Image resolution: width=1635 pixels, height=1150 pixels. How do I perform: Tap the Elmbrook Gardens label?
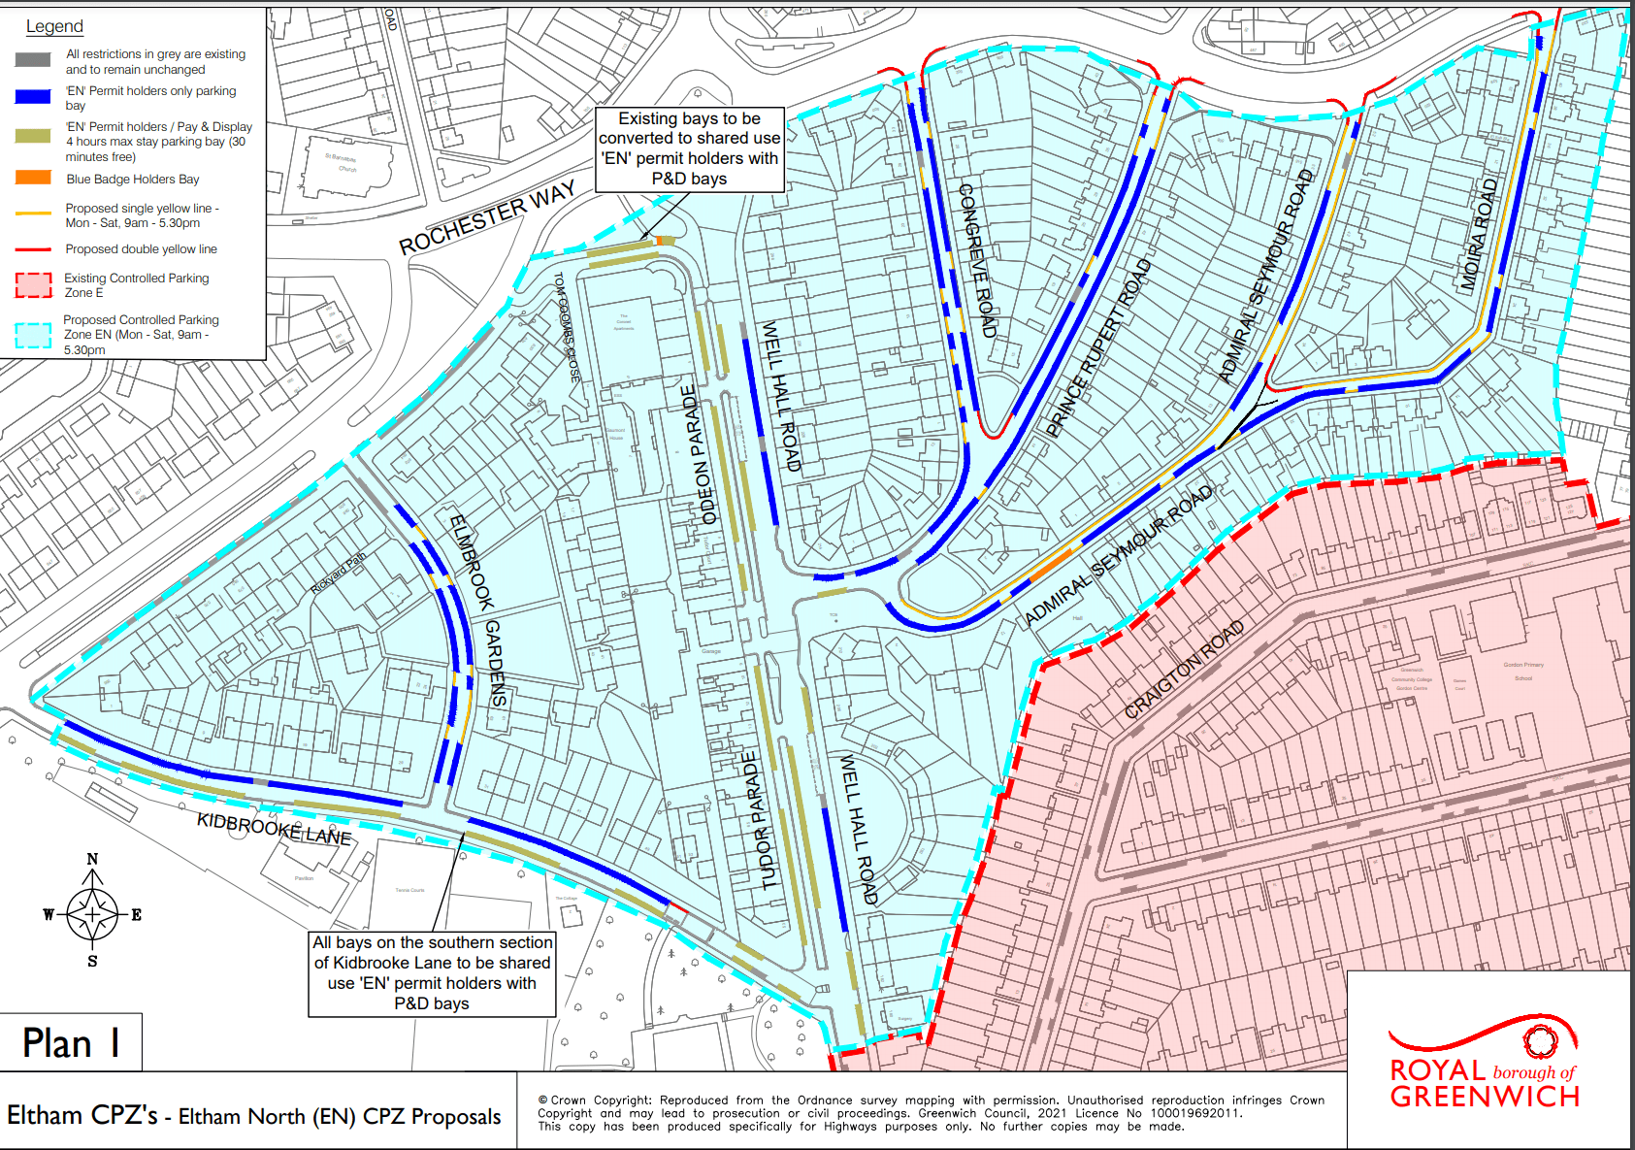tap(478, 609)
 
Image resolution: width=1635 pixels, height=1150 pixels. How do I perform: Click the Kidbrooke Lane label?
tap(274, 828)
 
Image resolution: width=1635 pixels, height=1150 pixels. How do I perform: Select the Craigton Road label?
tap(1184, 670)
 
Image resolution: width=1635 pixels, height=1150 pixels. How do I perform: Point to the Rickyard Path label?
tap(338, 574)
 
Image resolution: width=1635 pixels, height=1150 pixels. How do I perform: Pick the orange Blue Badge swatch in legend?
tap(33, 178)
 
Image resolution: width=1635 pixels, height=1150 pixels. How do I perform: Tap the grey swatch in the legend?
tap(33, 60)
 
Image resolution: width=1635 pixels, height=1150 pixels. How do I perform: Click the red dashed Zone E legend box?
tap(33, 284)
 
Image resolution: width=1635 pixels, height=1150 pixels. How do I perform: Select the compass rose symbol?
tap(92, 913)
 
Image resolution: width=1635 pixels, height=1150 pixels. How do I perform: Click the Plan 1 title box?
tap(71, 1042)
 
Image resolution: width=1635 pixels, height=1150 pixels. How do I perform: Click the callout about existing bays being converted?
tap(689, 148)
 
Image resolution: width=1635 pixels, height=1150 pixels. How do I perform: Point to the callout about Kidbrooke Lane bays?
tap(432, 973)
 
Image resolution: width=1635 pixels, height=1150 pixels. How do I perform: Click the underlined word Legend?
tap(54, 26)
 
